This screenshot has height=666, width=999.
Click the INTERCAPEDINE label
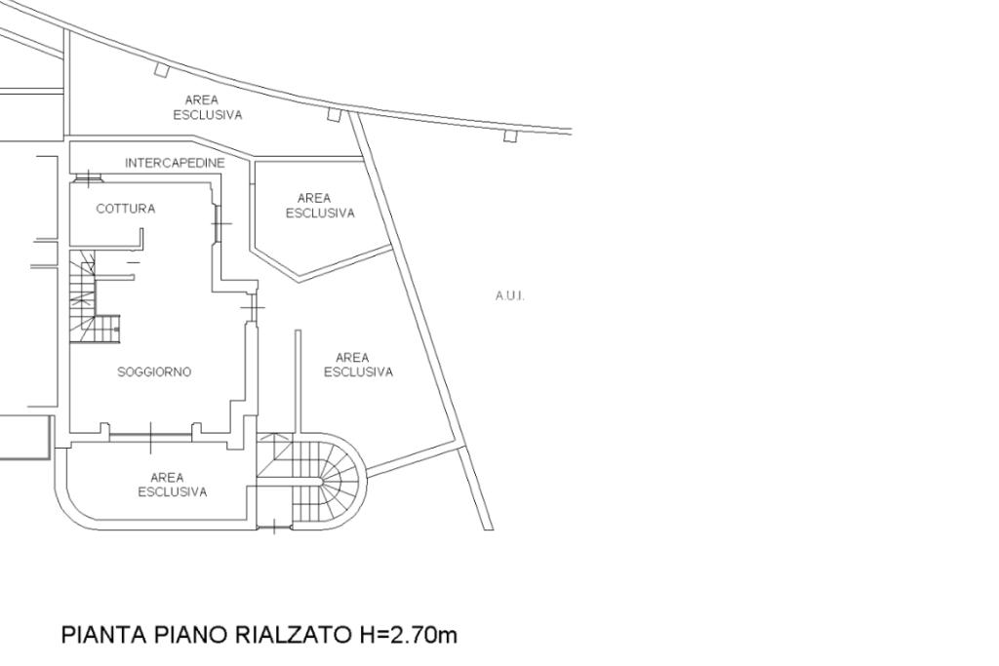(x=175, y=163)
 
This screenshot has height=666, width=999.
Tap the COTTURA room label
(x=125, y=209)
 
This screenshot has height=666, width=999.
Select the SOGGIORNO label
(x=154, y=372)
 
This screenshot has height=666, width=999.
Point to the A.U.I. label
(x=510, y=296)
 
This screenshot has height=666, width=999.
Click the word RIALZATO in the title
(x=290, y=636)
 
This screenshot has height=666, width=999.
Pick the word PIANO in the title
(x=190, y=636)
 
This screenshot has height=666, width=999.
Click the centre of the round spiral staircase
(x=324, y=480)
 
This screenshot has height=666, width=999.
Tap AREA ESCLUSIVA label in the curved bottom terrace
(x=172, y=485)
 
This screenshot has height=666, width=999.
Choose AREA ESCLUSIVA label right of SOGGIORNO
(x=358, y=365)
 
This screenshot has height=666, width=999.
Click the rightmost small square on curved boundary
(x=509, y=136)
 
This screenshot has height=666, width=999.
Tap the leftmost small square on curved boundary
(x=162, y=69)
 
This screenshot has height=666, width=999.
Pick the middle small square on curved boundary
(x=334, y=114)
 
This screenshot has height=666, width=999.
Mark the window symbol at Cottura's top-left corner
(x=89, y=177)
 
